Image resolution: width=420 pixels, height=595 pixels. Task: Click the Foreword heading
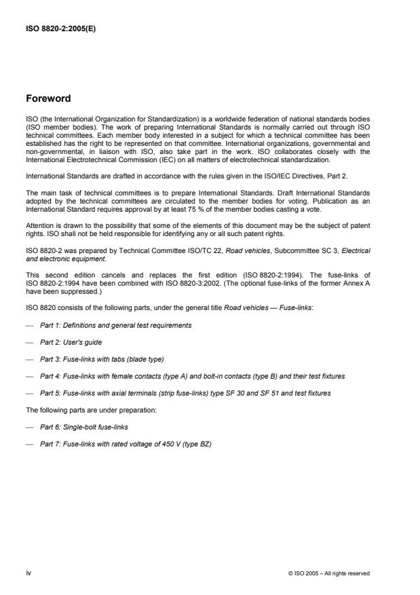click(50, 98)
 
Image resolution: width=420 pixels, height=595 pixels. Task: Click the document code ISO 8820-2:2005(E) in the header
click(62, 29)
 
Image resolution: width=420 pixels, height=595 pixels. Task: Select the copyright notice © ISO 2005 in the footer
click(328, 573)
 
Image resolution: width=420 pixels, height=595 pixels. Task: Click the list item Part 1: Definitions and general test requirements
click(115, 325)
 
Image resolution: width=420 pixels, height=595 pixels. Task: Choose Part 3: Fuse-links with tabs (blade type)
click(102, 360)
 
